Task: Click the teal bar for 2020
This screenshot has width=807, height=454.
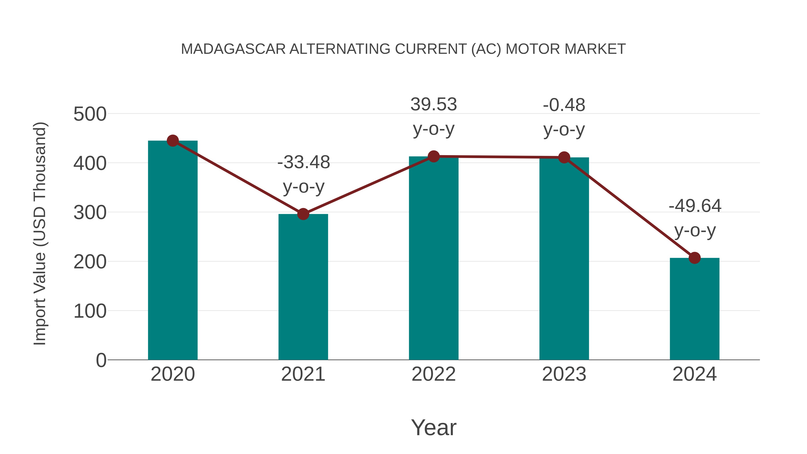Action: (173, 251)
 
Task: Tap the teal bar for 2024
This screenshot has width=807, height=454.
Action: (694, 309)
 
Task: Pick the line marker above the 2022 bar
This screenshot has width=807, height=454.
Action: (434, 156)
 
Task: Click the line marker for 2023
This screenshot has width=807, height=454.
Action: (564, 157)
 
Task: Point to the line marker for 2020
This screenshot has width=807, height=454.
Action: (173, 141)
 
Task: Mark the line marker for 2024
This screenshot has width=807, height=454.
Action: (694, 258)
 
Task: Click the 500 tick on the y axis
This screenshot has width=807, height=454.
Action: (90, 114)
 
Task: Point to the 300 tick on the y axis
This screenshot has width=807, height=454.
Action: (90, 213)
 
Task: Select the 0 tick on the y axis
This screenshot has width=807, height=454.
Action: (101, 360)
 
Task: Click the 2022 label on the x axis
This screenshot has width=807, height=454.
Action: (434, 374)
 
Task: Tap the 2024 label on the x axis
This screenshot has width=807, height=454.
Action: (694, 374)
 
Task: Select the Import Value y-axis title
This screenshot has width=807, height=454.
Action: (40, 233)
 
